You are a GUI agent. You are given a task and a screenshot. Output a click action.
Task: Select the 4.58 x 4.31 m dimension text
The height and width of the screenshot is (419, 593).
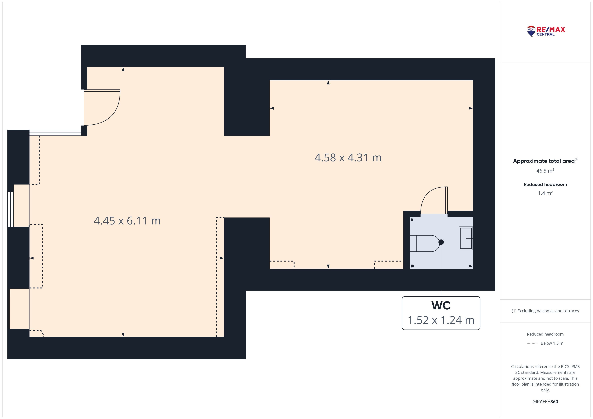pos(348,158)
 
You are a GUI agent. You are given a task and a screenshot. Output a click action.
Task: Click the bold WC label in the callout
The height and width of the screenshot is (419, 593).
pos(441,306)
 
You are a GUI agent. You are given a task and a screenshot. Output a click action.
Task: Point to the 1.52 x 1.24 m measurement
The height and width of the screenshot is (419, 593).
pos(441,320)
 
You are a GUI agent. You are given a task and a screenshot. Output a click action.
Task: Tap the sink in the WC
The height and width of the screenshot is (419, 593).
pos(466,238)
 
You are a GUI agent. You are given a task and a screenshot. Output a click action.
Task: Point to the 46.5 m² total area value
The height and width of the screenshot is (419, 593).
pos(545,171)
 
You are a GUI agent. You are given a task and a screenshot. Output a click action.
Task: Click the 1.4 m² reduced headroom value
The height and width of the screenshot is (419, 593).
pos(545,193)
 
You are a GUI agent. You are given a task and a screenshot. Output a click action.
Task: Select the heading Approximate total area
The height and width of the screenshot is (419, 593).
pos(544,161)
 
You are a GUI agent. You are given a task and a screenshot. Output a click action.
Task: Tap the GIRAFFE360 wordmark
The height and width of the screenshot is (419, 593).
pos(545,402)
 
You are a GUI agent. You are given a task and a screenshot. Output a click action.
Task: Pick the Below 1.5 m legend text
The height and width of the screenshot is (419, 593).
pos(552,343)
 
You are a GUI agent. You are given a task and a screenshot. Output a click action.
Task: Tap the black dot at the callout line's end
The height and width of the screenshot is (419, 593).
pos(441,242)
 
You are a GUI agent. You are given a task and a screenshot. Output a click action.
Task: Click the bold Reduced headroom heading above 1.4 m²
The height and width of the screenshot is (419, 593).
pos(545,184)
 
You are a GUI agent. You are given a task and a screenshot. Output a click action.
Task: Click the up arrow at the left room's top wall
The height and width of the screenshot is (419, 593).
pos(123,69)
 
